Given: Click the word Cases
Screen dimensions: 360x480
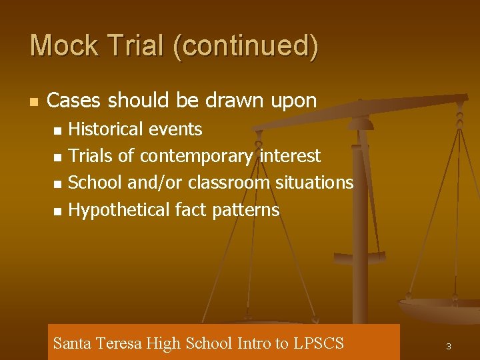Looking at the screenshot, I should [x=75, y=101].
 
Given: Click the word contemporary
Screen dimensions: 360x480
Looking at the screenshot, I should [x=196, y=157].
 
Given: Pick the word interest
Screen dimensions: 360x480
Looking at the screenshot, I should [x=290, y=156].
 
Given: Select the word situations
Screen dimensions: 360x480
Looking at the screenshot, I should [x=314, y=183].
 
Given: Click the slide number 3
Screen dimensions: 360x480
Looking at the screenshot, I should [x=449, y=347].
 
